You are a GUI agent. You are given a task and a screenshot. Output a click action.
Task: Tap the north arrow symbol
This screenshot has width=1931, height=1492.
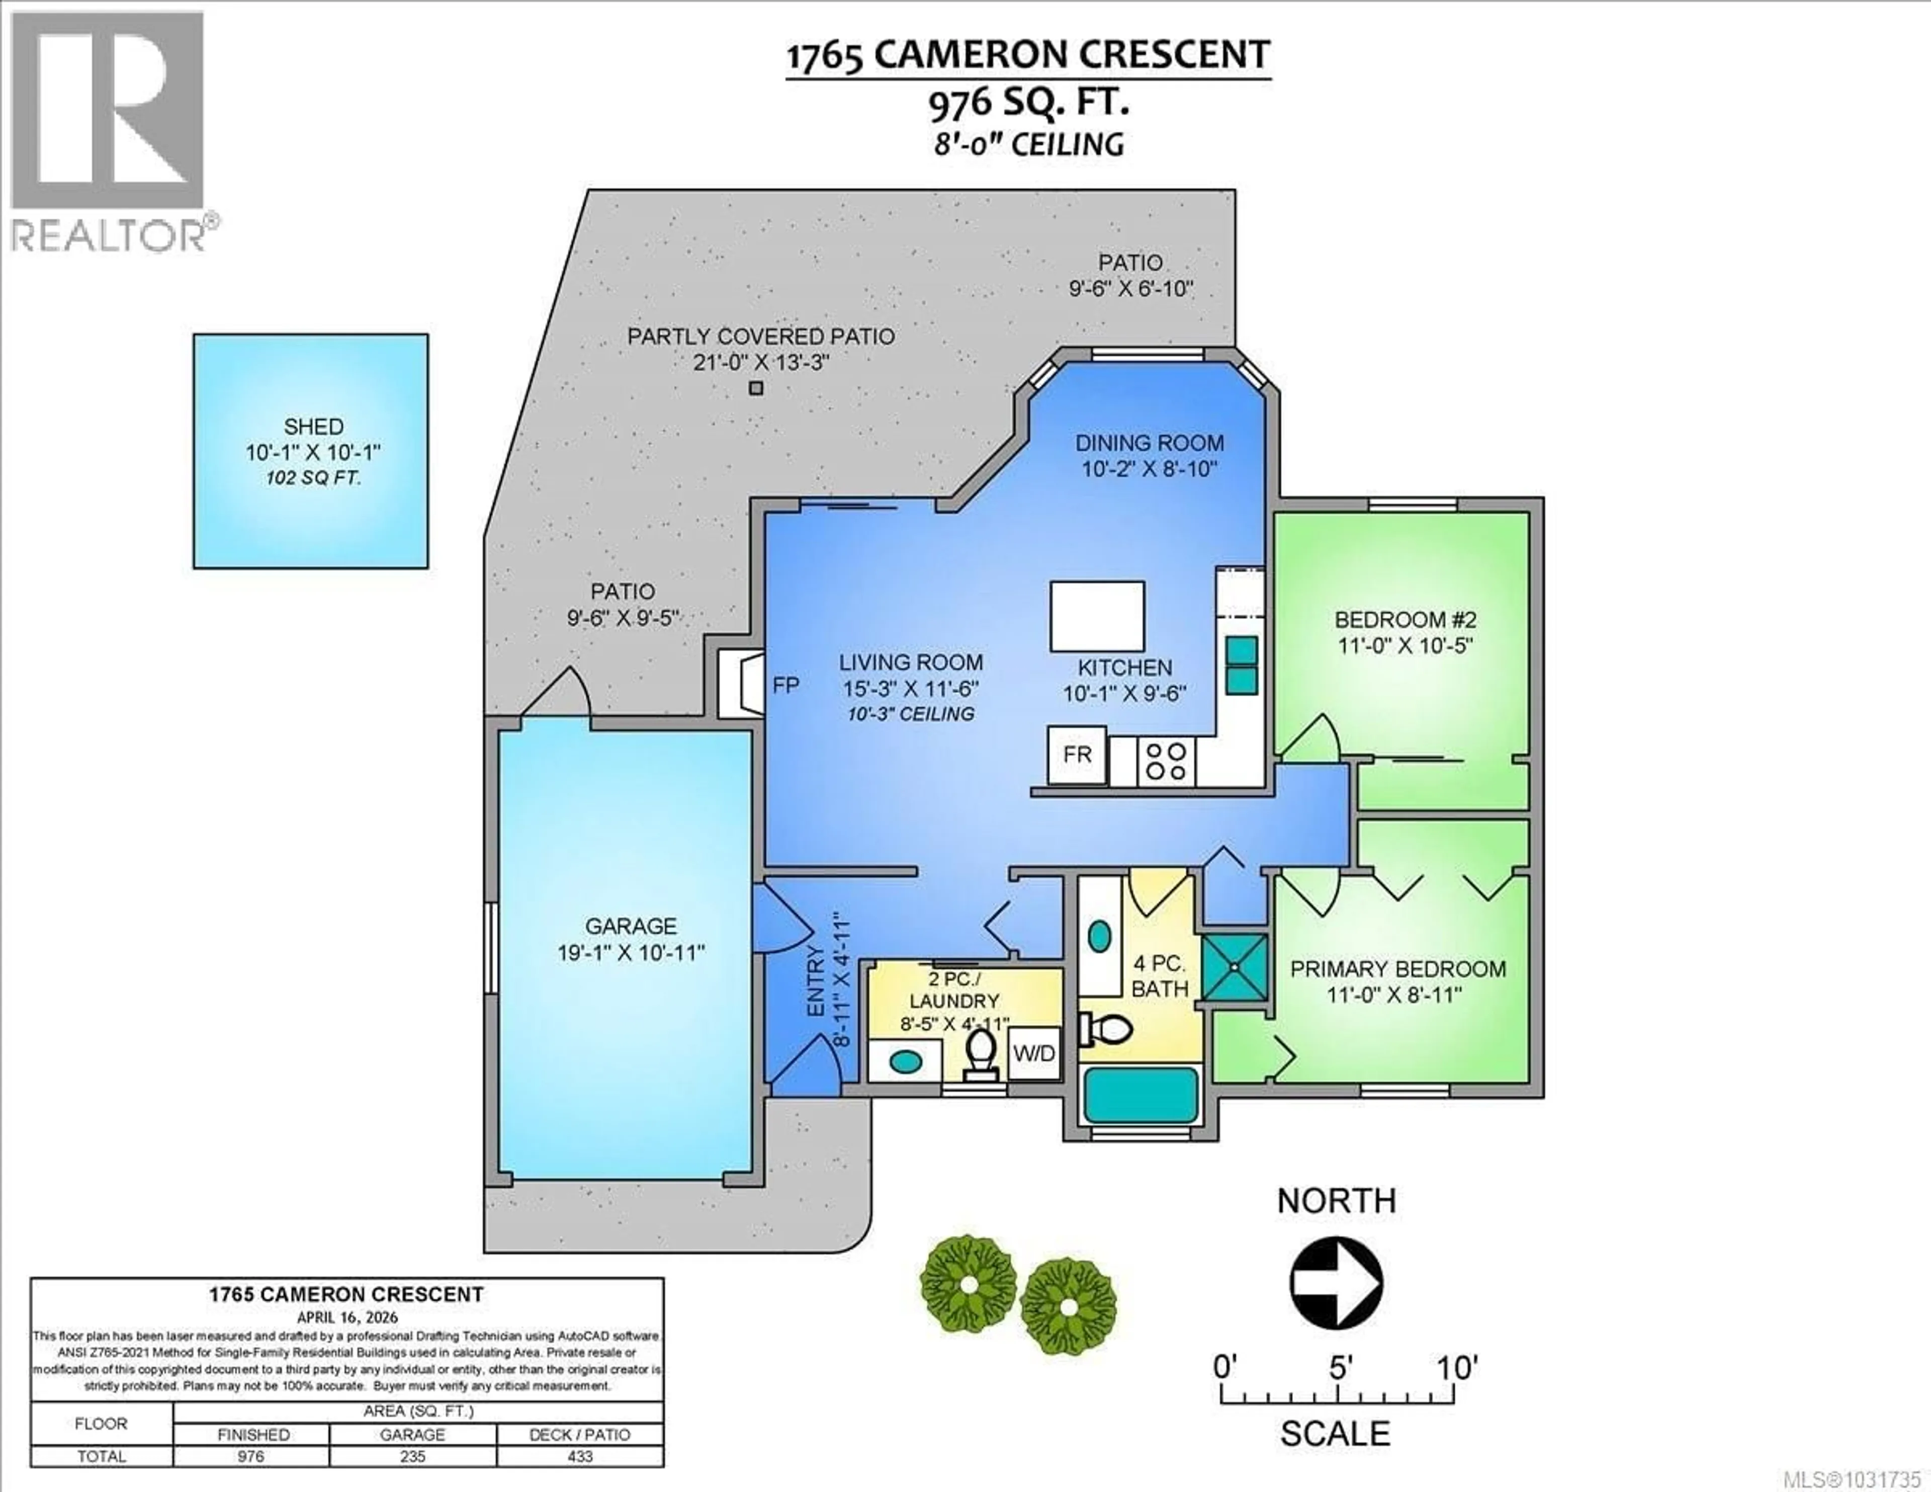(1336, 1282)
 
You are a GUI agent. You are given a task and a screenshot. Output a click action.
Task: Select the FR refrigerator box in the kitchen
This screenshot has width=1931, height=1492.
(1076, 755)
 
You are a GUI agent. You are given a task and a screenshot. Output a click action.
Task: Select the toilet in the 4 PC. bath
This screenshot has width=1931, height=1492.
(1107, 1029)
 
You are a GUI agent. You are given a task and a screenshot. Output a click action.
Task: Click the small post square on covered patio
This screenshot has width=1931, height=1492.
(756, 387)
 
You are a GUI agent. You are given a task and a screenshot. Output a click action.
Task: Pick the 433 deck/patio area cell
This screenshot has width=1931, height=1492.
(579, 1456)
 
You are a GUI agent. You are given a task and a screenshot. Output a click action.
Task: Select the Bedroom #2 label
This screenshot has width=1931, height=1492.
(1405, 619)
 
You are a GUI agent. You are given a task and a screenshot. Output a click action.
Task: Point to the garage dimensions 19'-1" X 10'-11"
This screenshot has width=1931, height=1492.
(631, 953)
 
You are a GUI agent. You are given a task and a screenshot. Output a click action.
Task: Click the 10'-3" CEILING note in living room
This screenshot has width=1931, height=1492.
(911, 714)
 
